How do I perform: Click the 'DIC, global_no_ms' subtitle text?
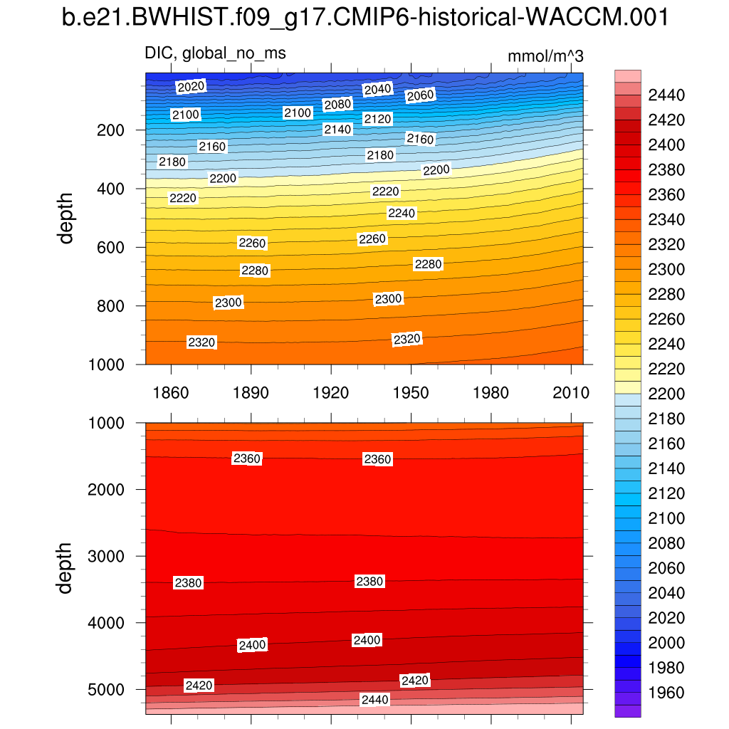pyautogui.click(x=215, y=53)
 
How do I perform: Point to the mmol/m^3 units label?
pyautogui.click(x=545, y=57)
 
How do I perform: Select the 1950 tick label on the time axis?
pyautogui.click(x=411, y=393)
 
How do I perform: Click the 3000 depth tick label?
pyautogui.click(x=104, y=556)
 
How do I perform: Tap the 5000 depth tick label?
pyautogui.click(x=104, y=690)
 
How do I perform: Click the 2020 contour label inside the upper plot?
pyautogui.click(x=191, y=87)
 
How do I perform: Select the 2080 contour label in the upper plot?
pyautogui.click(x=337, y=105)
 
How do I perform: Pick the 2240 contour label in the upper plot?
pyautogui.click(x=402, y=214)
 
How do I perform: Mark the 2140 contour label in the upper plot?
pyautogui.click(x=337, y=129)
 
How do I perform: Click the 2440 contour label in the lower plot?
pyautogui.click(x=375, y=700)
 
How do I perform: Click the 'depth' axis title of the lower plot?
pyautogui.click(x=66, y=567)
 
